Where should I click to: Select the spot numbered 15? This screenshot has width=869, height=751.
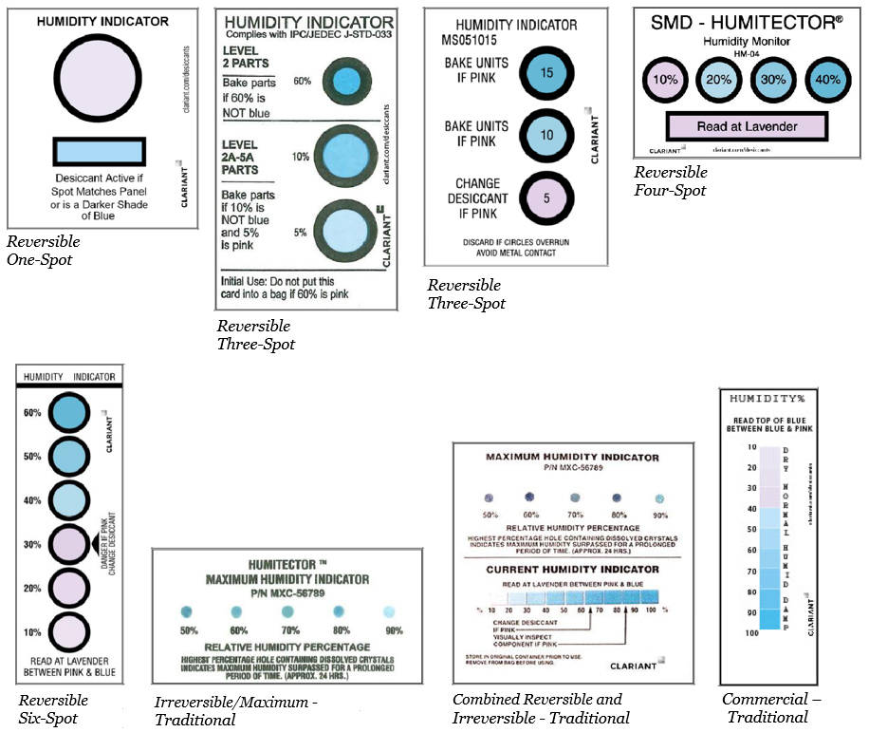tap(545, 71)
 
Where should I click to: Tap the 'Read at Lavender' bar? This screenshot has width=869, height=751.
tap(747, 126)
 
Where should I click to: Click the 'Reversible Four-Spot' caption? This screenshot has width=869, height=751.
tap(671, 181)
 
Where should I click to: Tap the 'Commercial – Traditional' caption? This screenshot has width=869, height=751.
tap(770, 707)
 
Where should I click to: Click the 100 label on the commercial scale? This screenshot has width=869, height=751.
tap(750, 631)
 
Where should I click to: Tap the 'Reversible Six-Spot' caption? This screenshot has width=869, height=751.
tap(53, 708)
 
